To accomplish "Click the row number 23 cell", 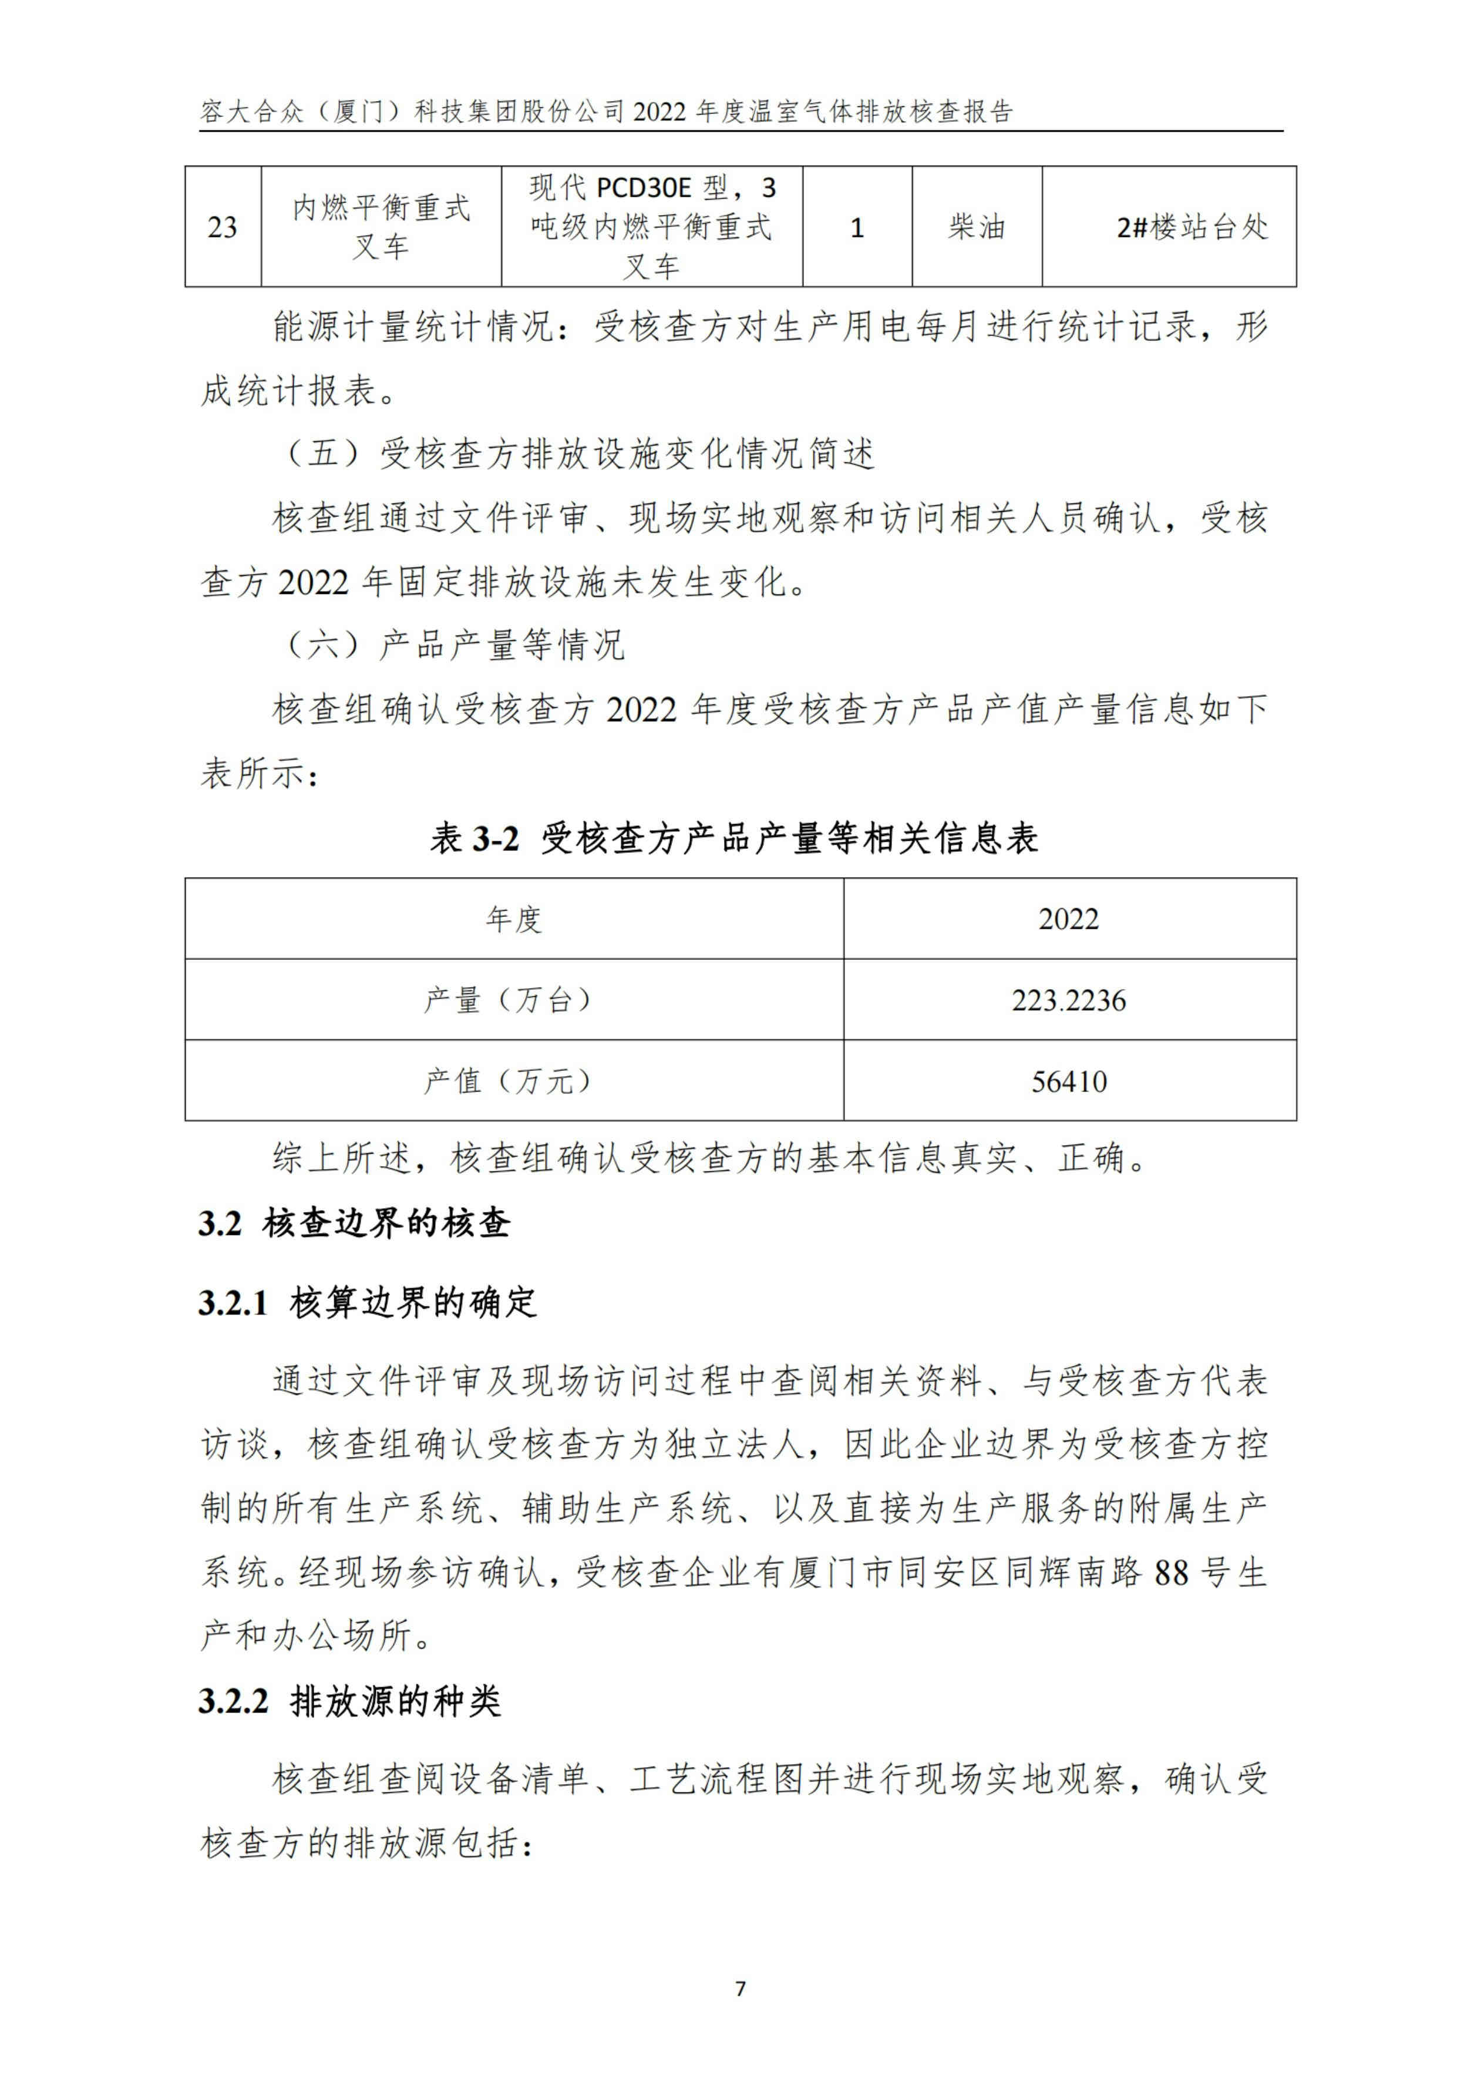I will click(x=222, y=227).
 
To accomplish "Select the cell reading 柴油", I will click(x=977, y=227).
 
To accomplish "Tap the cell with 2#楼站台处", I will click(x=1192, y=227).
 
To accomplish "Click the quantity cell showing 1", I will click(x=857, y=227).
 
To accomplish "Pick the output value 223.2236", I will click(x=1068, y=1000).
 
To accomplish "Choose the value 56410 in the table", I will click(x=1069, y=1081).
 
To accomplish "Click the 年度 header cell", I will click(x=513, y=919).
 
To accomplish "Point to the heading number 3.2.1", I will click(x=233, y=1303).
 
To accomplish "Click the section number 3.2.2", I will click(x=233, y=1701).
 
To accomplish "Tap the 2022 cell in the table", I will click(x=1068, y=919).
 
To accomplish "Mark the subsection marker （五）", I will click(x=325, y=454).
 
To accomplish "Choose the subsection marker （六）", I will click(x=325, y=646).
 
